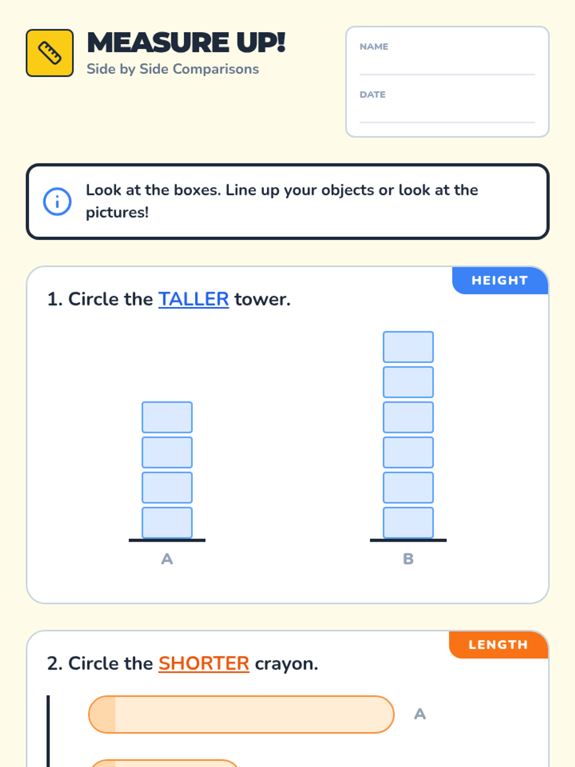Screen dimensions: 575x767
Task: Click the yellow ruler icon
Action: (x=49, y=53)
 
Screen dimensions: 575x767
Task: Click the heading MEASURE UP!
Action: (x=186, y=43)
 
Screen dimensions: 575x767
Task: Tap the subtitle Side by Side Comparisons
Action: (x=173, y=69)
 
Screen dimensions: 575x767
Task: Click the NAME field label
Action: (x=374, y=46)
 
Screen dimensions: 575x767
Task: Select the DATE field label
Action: (x=372, y=94)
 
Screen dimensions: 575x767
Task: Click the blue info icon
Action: (x=57, y=201)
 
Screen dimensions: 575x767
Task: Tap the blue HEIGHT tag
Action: (x=500, y=280)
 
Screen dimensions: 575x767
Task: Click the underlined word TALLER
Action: (x=194, y=299)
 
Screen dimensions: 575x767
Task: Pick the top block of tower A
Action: (x=167, y=417)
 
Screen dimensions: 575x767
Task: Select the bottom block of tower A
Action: (x=167, y=523)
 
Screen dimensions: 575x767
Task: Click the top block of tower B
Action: (x=408, y=347)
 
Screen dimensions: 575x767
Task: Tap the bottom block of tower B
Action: (x=408, y=523)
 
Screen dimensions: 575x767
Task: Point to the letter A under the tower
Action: (x=167, y=559)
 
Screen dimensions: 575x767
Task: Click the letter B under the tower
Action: (x=408, y=559)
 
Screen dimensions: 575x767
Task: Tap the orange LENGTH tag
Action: (x=498, y=645)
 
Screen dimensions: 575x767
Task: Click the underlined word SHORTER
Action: (x=204, y=663)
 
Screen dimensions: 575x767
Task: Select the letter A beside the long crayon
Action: (x=420, y=714)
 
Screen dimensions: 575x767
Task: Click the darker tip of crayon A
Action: (x=102, y=714)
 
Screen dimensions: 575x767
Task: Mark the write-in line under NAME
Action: (x=447, y=74)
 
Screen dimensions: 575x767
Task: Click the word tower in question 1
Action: (x=262, y=300)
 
